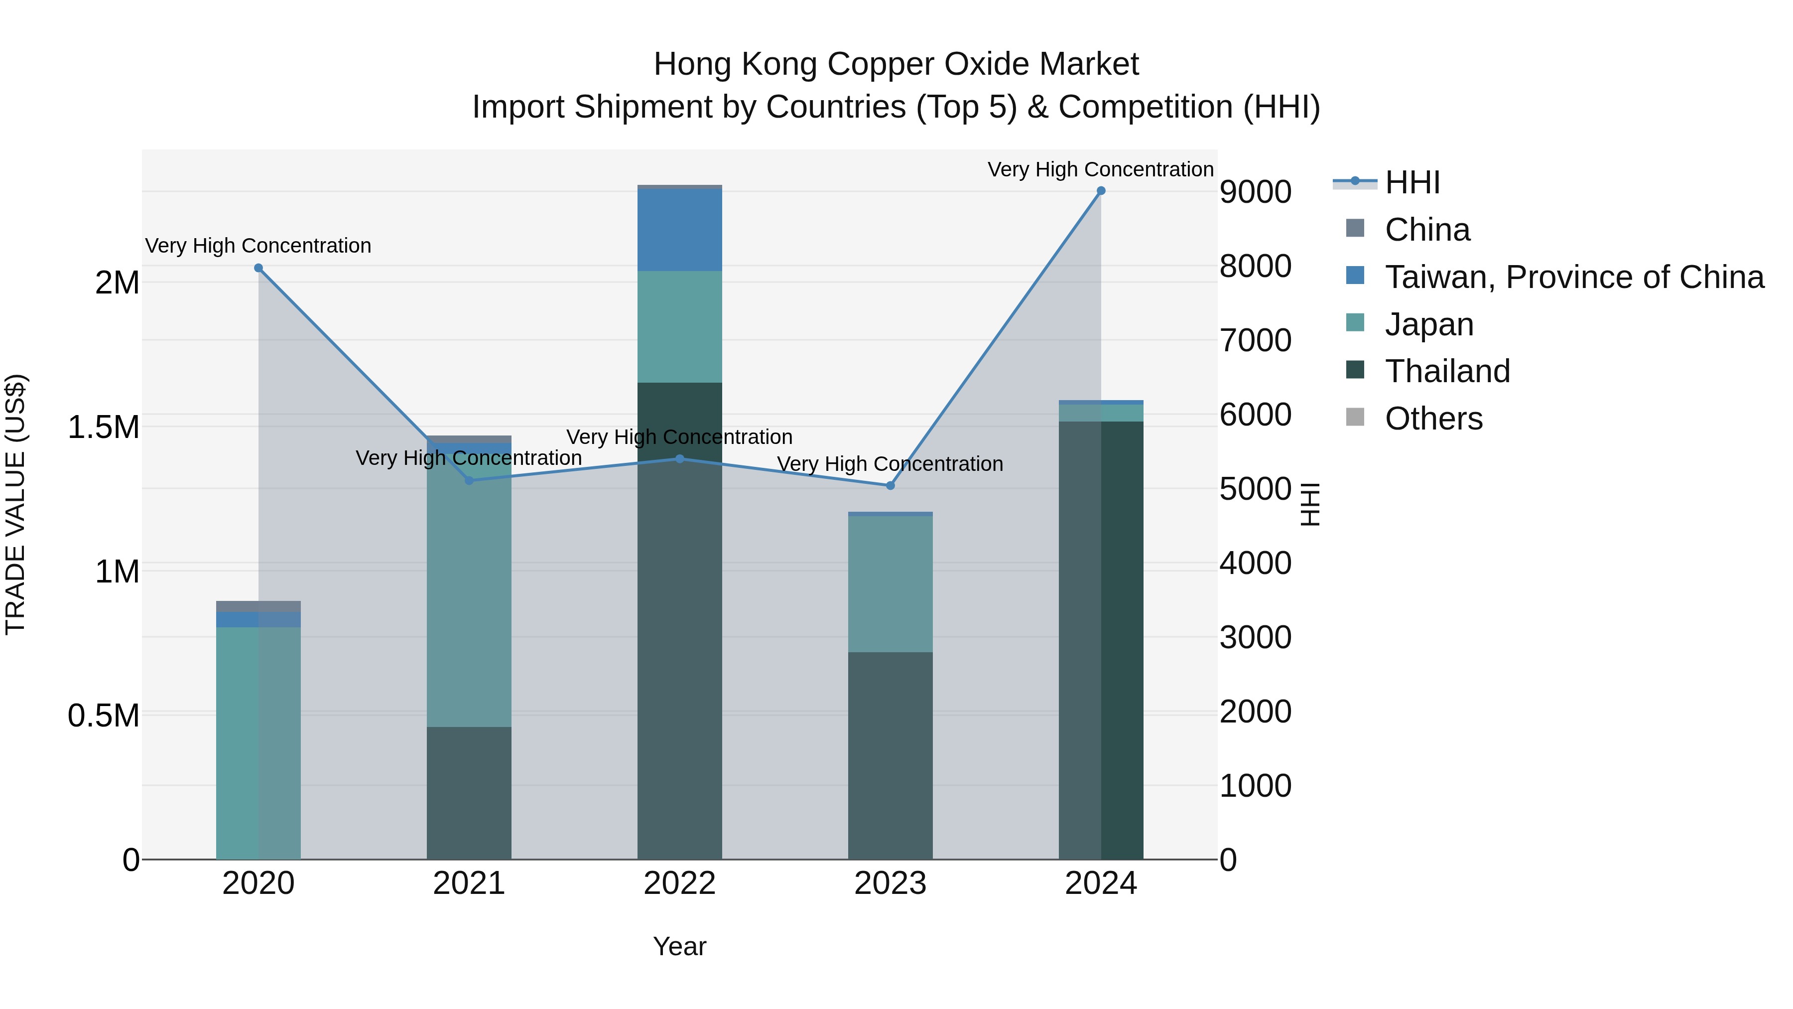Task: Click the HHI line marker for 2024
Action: (x=1100, y=191)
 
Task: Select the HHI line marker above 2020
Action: (x=258, y=268)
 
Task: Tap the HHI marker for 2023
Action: (x=890, y=485)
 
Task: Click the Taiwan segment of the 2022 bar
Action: (x=679, y=230)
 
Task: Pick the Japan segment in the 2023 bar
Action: (x=890, y=583)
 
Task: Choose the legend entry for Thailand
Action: (x=1446, y=371)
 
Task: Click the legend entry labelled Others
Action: (x=1432, y=419)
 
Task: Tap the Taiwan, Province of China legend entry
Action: (x=1573, y=277)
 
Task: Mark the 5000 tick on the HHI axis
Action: (x=1255, y=489)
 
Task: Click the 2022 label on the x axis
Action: (x=679, y=883)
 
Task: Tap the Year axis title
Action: (x=679, y=946)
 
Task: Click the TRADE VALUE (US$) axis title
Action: (x=15, y=504)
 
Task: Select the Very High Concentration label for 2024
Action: (x=1100, y=169)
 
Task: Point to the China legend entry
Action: (x=1427, y=230)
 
